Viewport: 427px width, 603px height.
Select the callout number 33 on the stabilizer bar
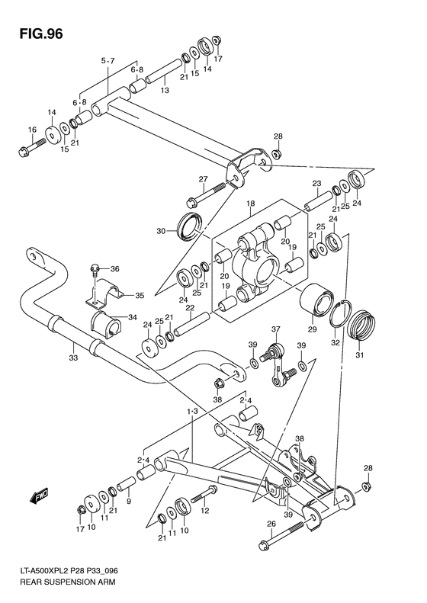tap(72, 356)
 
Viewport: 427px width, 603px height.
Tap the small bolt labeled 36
tap(95, 269)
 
